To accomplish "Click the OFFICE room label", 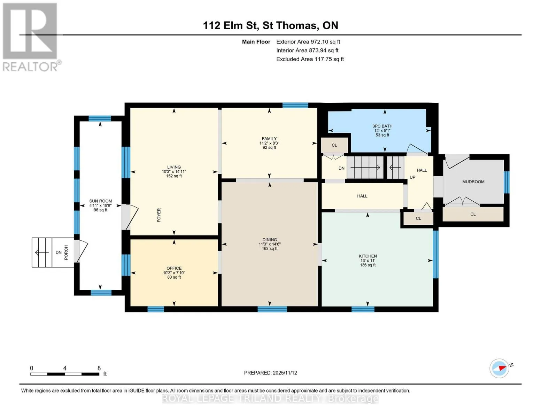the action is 174,268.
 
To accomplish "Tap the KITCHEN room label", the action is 368,256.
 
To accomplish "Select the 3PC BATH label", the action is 382,126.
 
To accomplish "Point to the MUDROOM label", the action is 473,182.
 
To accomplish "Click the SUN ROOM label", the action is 101,201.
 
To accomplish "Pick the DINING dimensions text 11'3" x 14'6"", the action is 270,244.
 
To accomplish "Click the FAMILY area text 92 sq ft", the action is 269,148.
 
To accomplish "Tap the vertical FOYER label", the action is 159,215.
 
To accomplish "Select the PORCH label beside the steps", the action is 66,253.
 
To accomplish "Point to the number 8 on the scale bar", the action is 99,368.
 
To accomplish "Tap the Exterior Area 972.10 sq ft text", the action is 308,42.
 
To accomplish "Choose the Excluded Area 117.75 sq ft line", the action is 310,59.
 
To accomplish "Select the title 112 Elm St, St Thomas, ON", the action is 271,25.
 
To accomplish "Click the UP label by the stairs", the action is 412,178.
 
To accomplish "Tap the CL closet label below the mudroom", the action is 473,214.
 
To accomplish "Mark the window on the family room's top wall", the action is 295,105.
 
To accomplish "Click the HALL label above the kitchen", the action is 362,196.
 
